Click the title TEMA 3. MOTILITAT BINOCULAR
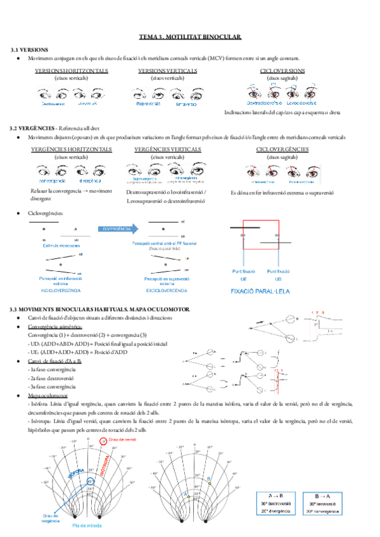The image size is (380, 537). [190, 39]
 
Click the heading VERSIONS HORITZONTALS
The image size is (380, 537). [72, 70]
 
